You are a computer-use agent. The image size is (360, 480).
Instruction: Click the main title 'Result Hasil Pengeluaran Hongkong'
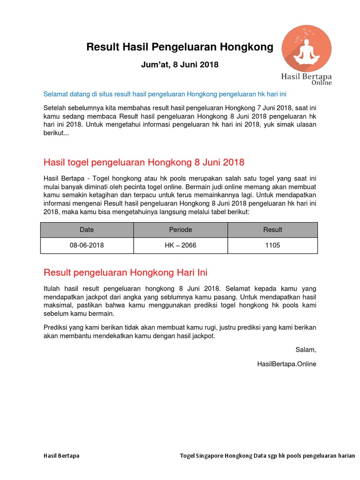point(180,47)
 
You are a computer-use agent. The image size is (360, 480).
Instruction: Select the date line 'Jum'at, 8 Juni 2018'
point(180,65)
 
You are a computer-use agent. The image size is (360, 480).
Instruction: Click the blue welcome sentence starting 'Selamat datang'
point(165,94)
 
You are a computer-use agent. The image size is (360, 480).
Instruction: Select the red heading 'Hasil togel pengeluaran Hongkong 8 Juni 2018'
point(144,163)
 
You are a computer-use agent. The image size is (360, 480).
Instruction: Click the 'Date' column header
point(87,230)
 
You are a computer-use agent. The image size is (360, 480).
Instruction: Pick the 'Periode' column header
point(180,230)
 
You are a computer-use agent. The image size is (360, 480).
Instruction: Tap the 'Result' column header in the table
point(272,230)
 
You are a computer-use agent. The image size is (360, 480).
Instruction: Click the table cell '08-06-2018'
point(87,245)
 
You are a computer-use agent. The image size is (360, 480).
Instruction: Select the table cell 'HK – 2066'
point(180,245)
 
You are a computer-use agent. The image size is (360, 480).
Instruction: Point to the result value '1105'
point(272,245)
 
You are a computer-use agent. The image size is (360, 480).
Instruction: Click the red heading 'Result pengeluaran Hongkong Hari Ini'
point(125,272)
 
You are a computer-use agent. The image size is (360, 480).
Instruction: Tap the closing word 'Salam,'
point(306,350)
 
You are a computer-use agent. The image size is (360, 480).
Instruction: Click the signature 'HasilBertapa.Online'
point(287,364)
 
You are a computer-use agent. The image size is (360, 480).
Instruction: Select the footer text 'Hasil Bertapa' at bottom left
point(61,455)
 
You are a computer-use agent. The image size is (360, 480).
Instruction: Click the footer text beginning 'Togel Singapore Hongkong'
point(267,455)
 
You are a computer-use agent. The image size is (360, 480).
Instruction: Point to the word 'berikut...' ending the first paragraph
point(56,133)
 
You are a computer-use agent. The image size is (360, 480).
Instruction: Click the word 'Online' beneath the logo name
point(322,83)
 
